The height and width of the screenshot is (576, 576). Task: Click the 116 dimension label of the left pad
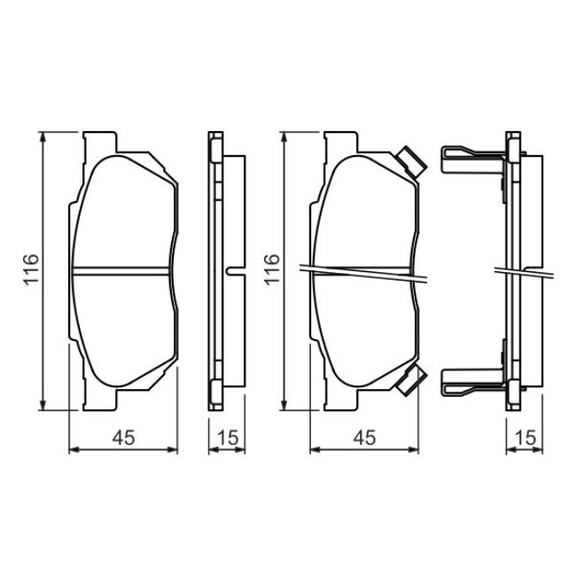point(31,270)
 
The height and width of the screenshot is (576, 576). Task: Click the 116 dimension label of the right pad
point(272,270)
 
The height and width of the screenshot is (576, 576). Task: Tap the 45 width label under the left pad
point(124,438)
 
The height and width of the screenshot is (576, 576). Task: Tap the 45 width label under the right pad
point(365,438)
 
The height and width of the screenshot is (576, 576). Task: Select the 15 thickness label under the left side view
point(228,438)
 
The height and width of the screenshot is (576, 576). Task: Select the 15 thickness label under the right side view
point(525,438)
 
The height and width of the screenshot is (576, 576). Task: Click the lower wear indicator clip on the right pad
point(412,381)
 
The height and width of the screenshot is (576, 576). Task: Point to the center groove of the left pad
point(121,271)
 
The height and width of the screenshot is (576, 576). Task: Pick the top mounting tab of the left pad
point(100,142)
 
